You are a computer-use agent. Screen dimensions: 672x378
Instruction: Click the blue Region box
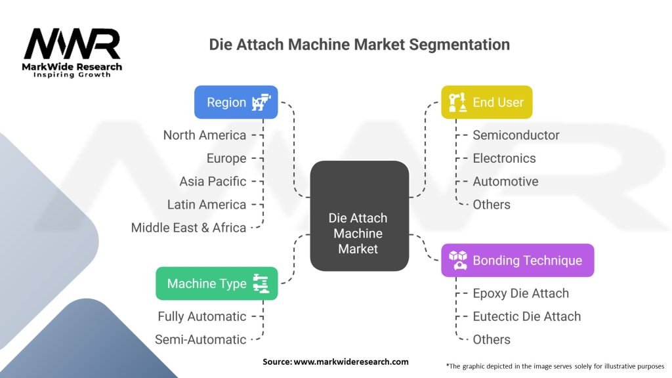click(x=236, y=102)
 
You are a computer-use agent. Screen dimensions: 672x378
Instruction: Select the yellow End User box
click(x=487, y=102)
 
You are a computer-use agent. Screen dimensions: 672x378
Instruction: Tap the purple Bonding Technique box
click(x=518, y=261)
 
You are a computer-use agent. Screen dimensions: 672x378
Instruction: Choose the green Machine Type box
click(x=217, y=283)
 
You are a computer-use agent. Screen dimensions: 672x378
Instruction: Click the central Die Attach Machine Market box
click(x=359, y=216)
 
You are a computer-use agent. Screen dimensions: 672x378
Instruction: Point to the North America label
click(x=205, y=135)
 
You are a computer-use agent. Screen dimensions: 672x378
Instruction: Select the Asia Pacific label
click(x=213, y=182)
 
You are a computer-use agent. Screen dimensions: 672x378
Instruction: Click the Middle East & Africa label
click(x=188, y=228)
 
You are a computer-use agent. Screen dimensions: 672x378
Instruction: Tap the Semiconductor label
click(x=516, y=135)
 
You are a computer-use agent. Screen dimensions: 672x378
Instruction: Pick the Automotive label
click(x=505, y=182)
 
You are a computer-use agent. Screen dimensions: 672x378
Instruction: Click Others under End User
click(x=492, y=205)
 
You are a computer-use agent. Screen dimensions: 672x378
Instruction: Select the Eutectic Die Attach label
click(x=527, y=317)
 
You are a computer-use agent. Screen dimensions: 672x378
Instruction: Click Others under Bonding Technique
click(x=492, y=340)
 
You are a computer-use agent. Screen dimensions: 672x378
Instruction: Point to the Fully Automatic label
click(x=202, y=317)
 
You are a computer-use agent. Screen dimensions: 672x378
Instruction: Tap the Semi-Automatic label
click(x=201, y=340)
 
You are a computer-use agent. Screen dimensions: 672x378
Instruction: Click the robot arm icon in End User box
click(x=457, y=102)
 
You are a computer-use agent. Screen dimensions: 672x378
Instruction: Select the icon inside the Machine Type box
click(x=261, y=283)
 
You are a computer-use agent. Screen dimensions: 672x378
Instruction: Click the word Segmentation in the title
click(x=459, y=45)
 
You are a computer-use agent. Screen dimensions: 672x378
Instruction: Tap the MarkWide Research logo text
click(x=72, y=67)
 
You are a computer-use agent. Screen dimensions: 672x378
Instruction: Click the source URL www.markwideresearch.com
click(x=351, y=362)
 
